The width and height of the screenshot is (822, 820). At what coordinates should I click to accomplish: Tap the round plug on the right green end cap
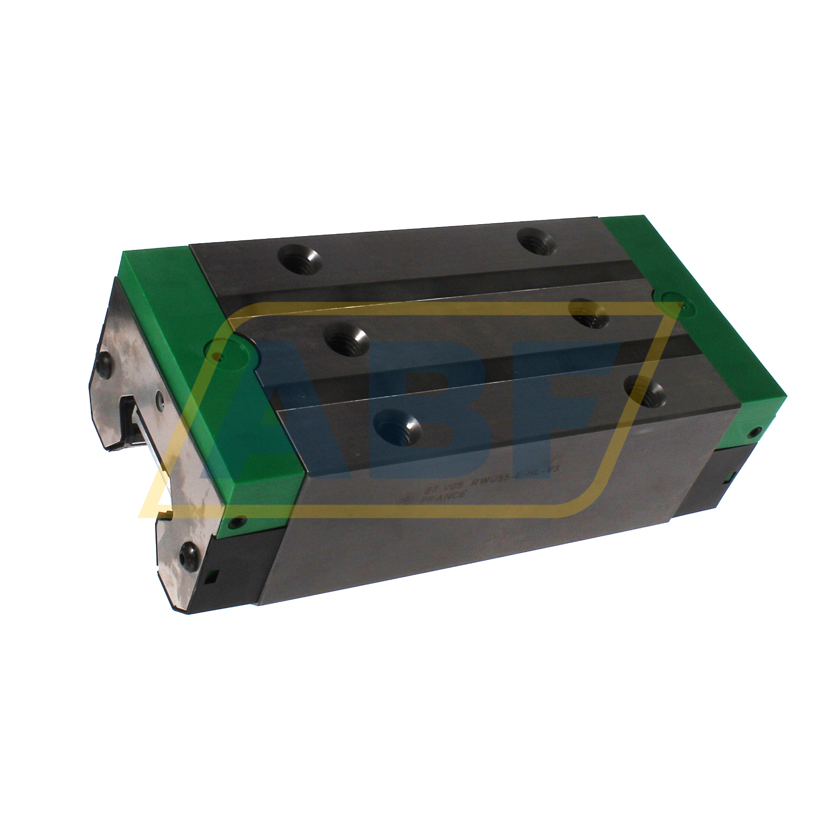[671, 304]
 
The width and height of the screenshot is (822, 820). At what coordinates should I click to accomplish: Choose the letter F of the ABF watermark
[571, 381]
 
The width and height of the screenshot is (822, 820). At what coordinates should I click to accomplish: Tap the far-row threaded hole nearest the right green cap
[536, 240]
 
